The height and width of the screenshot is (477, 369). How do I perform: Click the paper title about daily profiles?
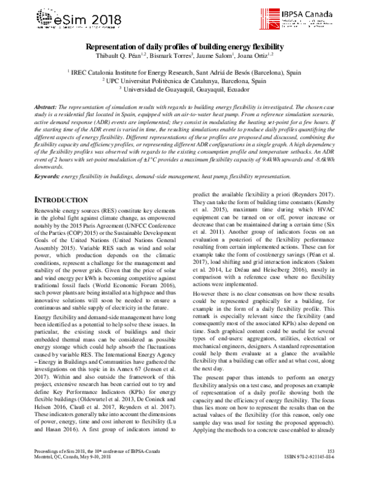pos(184,47)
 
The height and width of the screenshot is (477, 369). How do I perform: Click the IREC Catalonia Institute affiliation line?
pos(184,71)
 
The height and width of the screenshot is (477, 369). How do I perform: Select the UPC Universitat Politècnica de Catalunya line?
pos(184,80)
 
